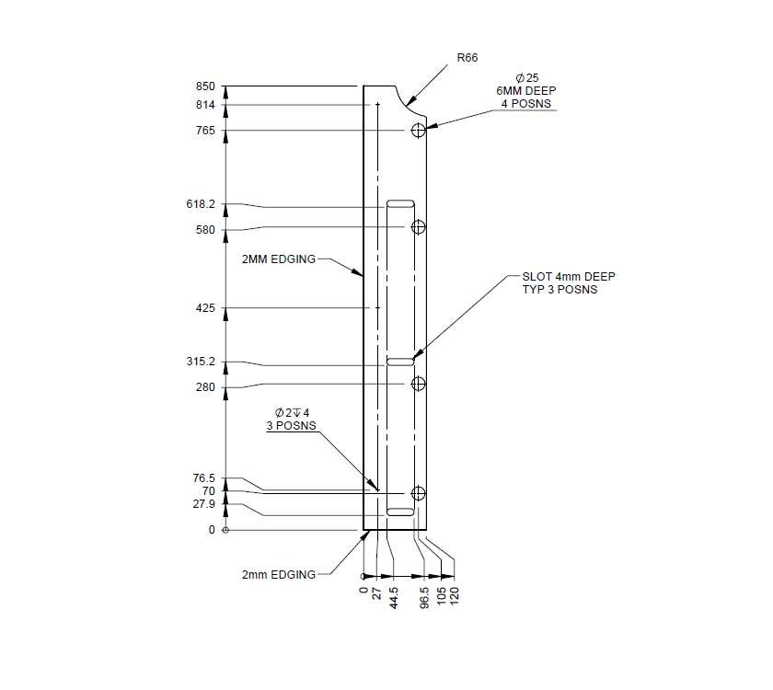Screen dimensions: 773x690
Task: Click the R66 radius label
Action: point(467,58)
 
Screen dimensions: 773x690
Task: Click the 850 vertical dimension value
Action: point(204,86)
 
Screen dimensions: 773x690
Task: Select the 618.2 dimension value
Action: point(201,204)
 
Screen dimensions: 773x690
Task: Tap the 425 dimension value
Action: point(204,308)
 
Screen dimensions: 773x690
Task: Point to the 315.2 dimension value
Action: point(201,362)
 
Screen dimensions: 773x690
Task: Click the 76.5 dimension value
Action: point(203,478)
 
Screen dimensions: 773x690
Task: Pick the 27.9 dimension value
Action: point(203,504)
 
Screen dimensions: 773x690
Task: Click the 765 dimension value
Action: point(204,132)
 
